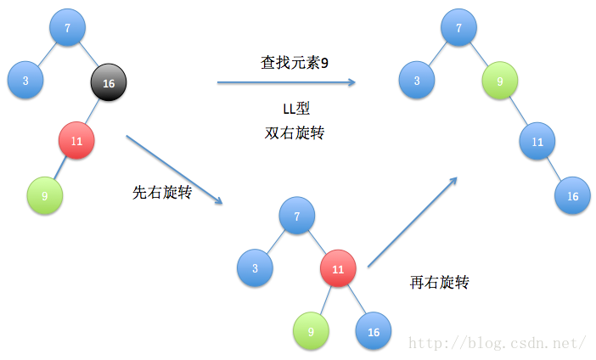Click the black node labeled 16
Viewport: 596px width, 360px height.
(109, 83)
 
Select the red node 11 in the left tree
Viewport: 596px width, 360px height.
(76, 140)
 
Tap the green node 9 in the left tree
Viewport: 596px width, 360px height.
(44, 196)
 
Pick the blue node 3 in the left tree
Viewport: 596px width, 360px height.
(25, 82)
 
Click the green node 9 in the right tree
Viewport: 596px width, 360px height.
(501, 82)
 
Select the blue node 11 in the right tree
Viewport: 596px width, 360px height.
(537, 141)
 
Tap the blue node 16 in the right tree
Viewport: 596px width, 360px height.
(573, 196)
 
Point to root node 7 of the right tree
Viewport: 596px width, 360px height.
(459, 28)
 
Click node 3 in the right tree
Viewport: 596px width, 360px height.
(417, 82)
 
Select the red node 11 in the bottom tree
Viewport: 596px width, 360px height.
(338, 269)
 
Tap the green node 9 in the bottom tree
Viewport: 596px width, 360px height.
(311, 331)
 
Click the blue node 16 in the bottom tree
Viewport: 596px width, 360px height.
(374, 331)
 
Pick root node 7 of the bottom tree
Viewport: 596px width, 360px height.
(297, 217)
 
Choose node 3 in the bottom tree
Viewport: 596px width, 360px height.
(255, 268)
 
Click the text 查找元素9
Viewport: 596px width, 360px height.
(293, 62)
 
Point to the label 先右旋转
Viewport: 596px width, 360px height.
(162, 192)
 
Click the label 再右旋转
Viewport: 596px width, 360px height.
(439, 282)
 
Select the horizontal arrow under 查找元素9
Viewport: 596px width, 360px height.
(286, 82)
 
